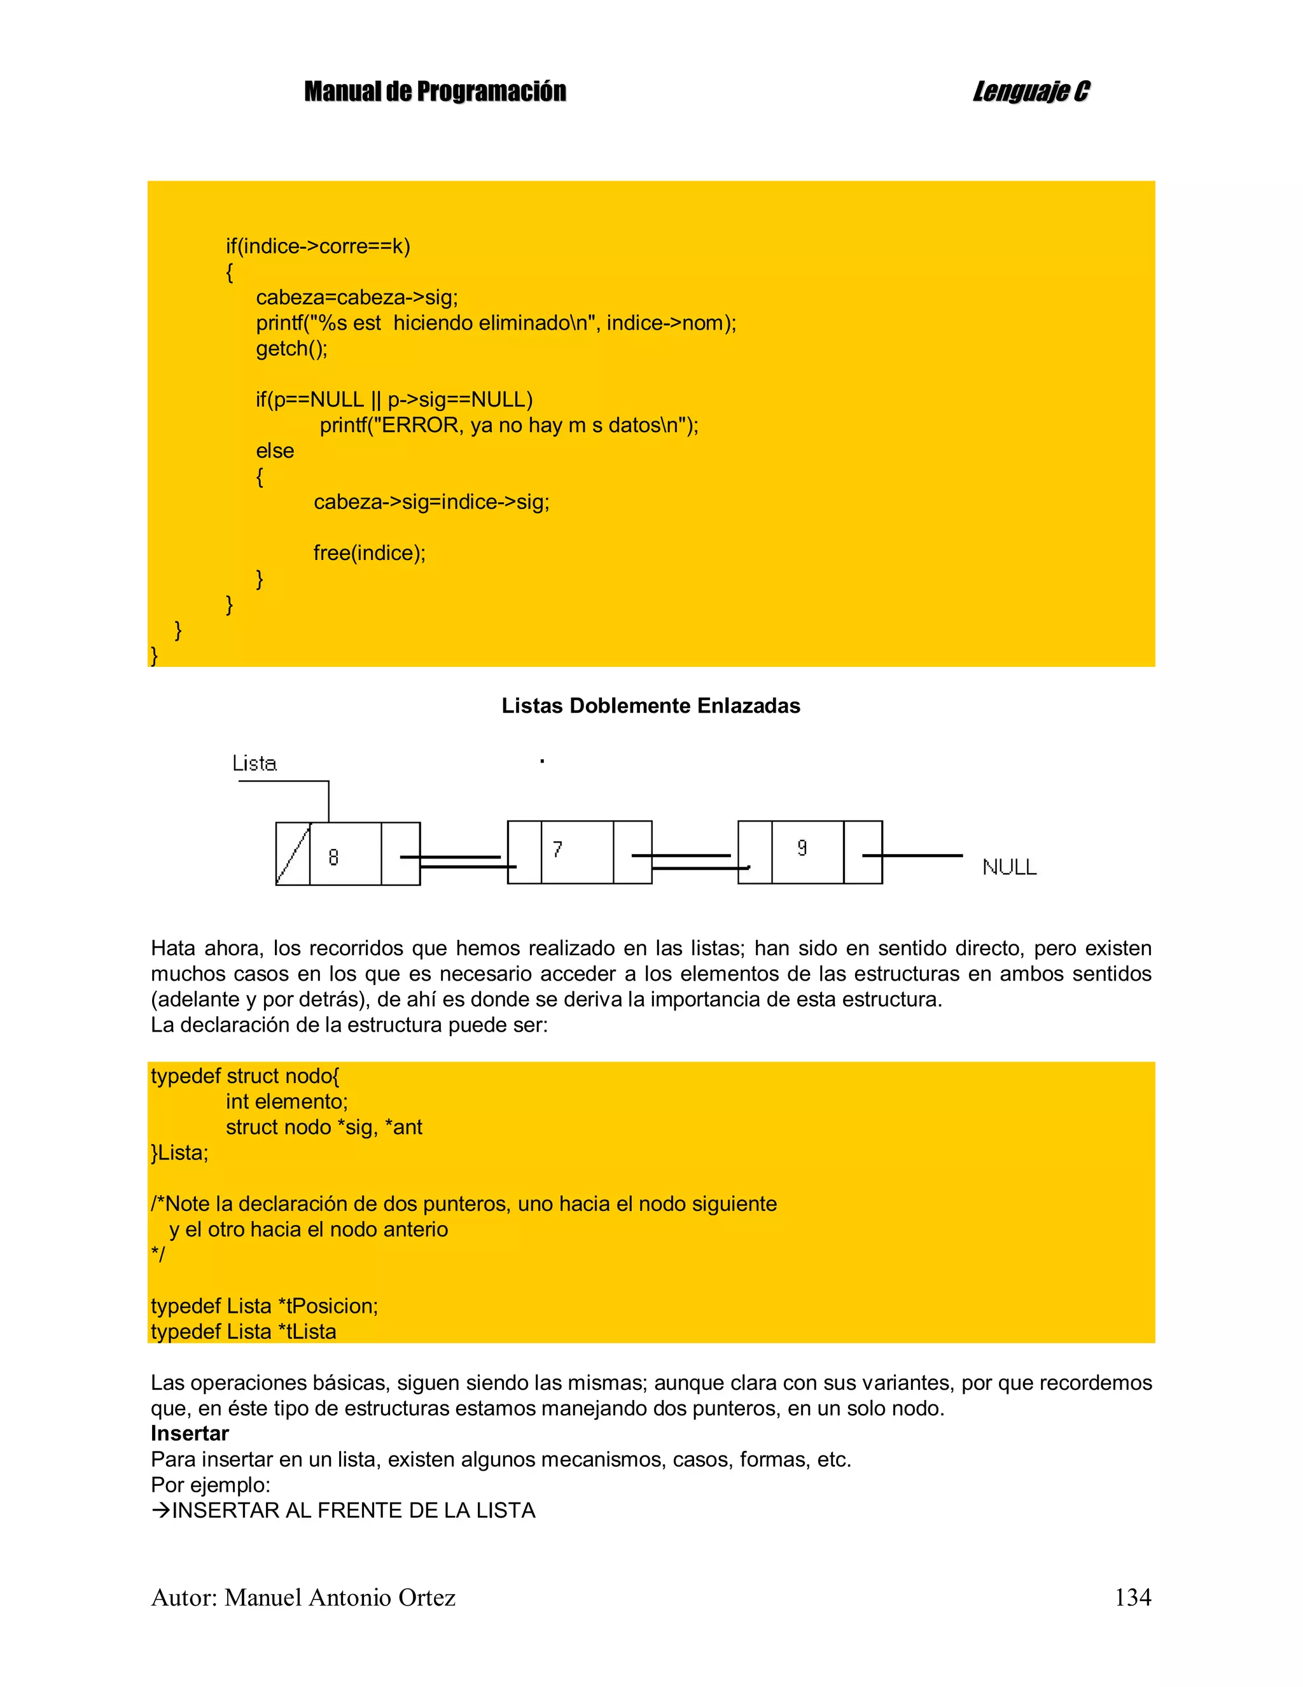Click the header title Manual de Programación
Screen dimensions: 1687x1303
[x=435, y=92]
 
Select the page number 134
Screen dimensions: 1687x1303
[x=1132, y=1597]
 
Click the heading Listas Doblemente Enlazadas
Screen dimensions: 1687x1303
[x=650, y=705]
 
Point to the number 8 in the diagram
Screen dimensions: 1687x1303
[x=333, y=857]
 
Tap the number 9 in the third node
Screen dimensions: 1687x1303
[x=802, y=848]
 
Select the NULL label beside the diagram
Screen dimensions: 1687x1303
[x=1008, y=867]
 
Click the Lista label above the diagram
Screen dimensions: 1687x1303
[x=254, y=764]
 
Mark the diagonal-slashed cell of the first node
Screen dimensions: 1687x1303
[x=293, y=853]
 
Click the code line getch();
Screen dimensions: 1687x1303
[x=292, y=348]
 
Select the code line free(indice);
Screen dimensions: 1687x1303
[x=369, y=553]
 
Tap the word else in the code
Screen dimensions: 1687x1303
[x=275, y=451]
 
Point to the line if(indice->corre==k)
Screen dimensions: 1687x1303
[x=317, y=246]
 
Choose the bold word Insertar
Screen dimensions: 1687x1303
[x=190, y=1434]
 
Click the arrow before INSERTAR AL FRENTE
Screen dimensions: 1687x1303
[x=161, y=1511]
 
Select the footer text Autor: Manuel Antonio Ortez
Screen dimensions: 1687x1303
[x=303, y=1597]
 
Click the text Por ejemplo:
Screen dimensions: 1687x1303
[x=210, y=1485]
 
